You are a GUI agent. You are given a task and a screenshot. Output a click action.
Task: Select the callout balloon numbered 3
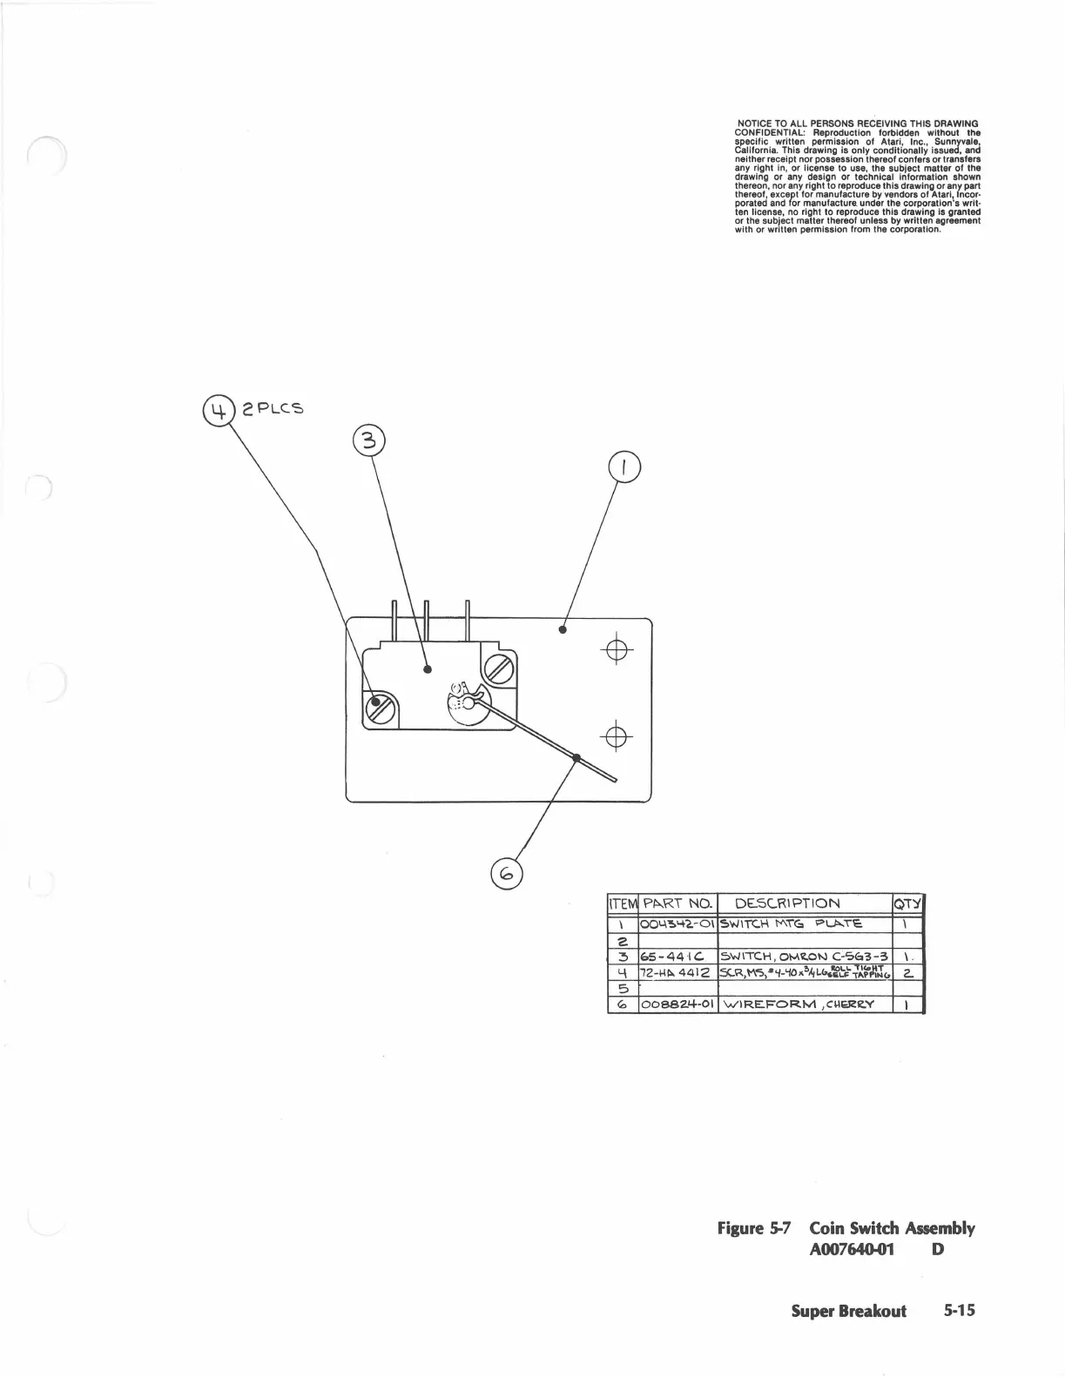coord(368,441)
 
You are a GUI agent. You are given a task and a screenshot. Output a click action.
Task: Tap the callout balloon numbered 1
coord(623,468)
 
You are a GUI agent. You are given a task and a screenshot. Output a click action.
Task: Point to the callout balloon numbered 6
coord(507,871)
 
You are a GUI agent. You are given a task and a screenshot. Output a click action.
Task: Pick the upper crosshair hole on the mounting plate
coord(616,650)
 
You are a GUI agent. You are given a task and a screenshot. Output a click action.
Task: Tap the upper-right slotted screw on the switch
coord(500,668)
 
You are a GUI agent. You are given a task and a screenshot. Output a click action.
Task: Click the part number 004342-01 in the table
coord(677,924)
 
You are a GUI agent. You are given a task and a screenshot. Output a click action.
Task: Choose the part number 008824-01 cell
coord(677,1004)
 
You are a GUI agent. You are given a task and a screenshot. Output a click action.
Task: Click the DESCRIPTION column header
coord(787,903)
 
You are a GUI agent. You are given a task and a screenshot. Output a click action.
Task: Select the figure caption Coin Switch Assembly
coord(891,1228)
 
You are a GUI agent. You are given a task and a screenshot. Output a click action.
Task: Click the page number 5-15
coord(961,1311)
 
